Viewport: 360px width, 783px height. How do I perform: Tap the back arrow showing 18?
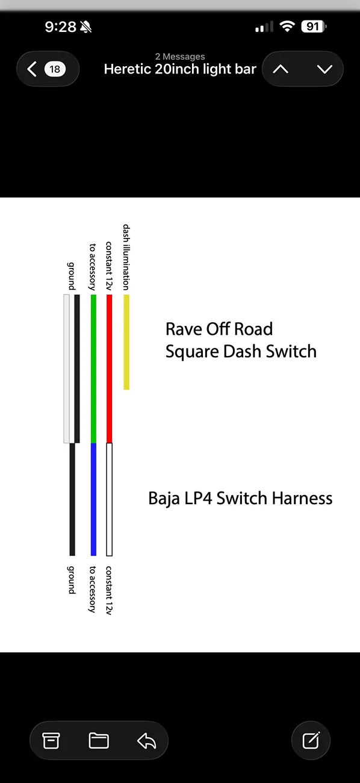(48, 69)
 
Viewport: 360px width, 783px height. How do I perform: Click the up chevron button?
(281, 69)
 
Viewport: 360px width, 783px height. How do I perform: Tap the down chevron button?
(324, 69)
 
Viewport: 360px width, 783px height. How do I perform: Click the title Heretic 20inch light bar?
(180, 69)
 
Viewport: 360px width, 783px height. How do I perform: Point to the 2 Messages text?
(180, 56)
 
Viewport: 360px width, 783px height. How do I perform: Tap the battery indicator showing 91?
(314, 27)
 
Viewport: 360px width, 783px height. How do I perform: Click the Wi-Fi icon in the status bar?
(287, 27)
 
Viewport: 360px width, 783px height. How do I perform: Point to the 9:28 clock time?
(60, 27)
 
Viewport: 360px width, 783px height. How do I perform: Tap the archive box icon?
(51, 741)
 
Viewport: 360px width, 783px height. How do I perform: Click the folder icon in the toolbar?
(99, 741)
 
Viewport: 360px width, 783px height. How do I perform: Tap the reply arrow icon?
(146, 741)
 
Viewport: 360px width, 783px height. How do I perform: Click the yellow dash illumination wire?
(126, 342)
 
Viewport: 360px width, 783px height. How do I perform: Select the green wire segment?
(93, 369)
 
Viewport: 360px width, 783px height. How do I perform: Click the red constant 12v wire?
(110, 369)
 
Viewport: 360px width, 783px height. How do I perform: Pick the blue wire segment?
(93, 499)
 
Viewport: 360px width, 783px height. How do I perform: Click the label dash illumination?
(126, 257)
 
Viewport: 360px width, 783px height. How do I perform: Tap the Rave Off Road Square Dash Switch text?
(241, 340)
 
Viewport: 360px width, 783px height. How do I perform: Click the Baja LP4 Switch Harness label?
(240, 499)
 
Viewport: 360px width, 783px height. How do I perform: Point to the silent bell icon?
(85, 27)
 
